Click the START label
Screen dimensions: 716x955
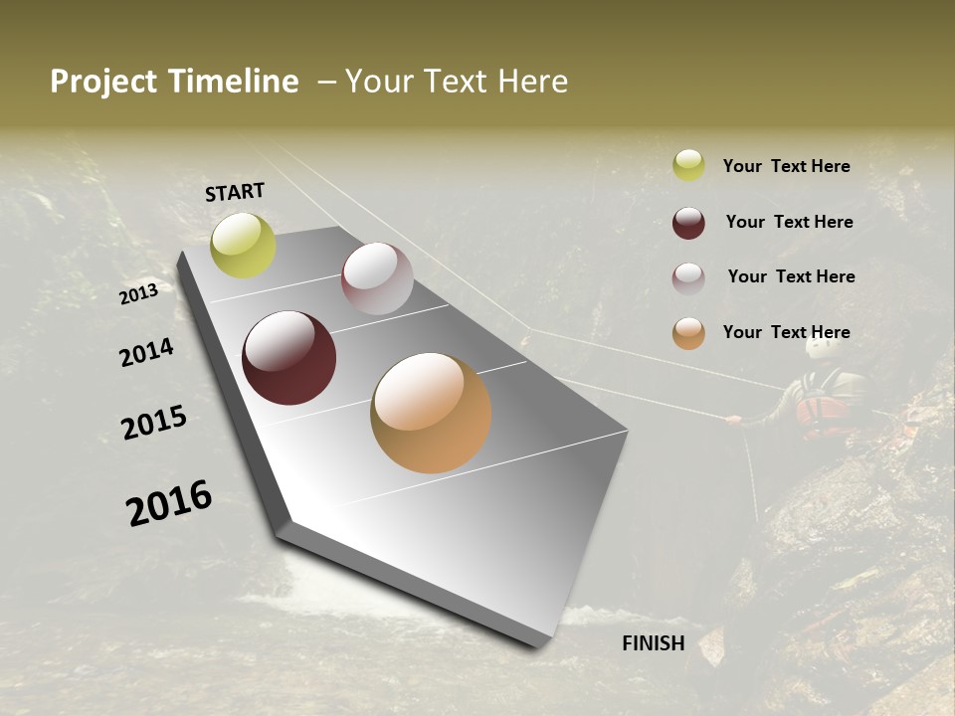235,192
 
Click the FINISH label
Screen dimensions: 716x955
653,643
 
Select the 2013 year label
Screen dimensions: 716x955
138,293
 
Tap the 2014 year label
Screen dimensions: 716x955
146,352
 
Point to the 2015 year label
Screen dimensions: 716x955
154,423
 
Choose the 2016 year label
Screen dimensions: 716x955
169,503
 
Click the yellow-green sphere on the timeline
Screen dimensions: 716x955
243,245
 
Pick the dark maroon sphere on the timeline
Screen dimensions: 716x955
288,358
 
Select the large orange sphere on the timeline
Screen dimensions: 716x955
431,413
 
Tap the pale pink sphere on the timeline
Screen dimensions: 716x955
377,278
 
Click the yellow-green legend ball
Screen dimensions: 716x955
688,165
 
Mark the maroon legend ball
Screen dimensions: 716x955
688,223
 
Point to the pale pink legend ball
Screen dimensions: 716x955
688,278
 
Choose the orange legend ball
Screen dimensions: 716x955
688,333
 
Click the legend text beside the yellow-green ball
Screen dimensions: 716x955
786,166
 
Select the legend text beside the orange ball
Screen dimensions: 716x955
786,332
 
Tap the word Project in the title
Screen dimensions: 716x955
103,82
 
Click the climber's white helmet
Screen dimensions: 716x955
821,348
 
